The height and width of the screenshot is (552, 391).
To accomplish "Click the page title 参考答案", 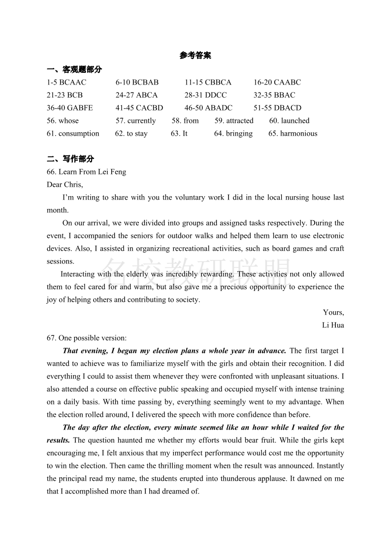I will click(195, 56).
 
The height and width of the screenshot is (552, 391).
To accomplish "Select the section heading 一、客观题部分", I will click(74, 69).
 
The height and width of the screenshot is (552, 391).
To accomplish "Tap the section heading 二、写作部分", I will click(70, 159).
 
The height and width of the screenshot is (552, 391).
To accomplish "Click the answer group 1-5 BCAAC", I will click(66, 82).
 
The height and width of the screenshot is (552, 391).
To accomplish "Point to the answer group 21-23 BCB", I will click(65, 95).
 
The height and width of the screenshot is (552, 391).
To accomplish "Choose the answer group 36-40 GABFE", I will click(69, 108).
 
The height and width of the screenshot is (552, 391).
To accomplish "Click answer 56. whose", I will click(63, 120).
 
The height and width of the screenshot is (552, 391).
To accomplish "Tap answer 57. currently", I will click(135, 120).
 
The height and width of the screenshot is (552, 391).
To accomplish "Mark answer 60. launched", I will click(289, 120).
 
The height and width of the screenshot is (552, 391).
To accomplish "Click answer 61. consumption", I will click(73, 133).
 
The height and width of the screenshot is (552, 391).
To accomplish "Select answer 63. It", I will click(179, 133).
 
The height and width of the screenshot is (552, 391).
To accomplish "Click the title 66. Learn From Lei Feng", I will click(86, 172).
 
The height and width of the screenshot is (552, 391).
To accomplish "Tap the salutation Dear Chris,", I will click(65, 184).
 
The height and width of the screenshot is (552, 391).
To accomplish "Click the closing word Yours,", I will click(333, 312).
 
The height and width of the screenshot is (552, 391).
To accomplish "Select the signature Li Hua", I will click(333, 325).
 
